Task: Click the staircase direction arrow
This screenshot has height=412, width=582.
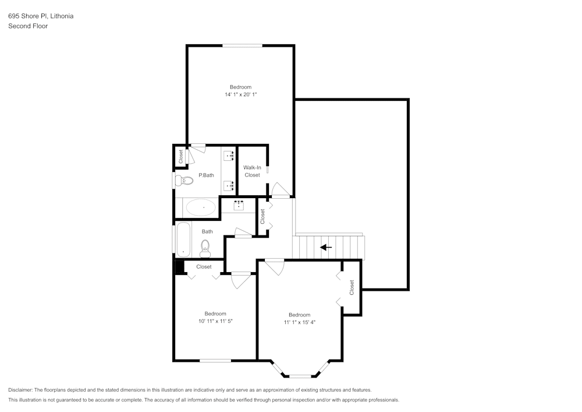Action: click(326, 247)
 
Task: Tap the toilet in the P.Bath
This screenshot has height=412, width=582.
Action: click(186, 181)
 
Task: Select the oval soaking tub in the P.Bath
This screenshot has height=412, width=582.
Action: click(201, 207)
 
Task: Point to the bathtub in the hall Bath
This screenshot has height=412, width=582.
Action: click(183, 239)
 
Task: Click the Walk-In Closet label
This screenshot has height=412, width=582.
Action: click(252, 171)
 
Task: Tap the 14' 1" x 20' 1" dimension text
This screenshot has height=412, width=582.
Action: click(240, 94)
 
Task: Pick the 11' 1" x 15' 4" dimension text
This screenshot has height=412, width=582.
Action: click(300, 322)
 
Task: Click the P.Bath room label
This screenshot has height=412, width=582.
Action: click(206, 175)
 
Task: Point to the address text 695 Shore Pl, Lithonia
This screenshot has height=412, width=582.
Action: click(41, 16)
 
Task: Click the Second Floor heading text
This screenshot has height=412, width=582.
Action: click(28, 26)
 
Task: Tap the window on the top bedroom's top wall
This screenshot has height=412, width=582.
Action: click(242, 45)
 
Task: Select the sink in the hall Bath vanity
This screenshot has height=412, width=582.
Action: click(239, 205)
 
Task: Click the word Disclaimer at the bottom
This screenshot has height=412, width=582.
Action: click(20, 390)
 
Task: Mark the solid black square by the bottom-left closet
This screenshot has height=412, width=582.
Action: click(180, 266)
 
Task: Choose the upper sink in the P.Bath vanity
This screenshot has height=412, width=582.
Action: click(229, 156)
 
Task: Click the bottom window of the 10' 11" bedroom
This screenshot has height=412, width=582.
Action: click(216, 361)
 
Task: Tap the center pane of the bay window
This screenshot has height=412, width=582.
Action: click(300, 376)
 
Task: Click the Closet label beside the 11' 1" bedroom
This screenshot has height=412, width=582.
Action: click(352, 287)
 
